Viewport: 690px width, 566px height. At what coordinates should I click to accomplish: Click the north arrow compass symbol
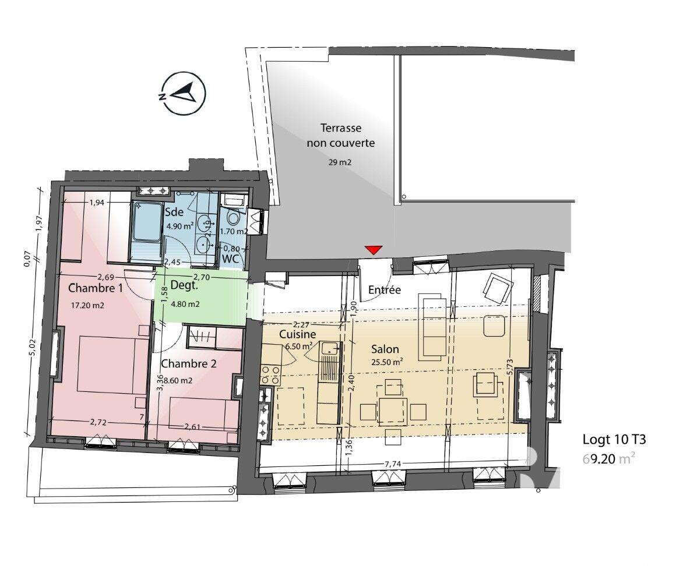coord(184,94)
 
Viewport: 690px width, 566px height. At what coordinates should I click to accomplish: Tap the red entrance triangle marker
coord(373,250)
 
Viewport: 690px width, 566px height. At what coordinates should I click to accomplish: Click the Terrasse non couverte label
coord(341,135)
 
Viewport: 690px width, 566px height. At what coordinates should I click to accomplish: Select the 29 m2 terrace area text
coord(341,162)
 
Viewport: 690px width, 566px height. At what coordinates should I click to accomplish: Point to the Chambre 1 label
coord(96,288)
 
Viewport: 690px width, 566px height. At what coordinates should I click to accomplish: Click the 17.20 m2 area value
coord(87,305)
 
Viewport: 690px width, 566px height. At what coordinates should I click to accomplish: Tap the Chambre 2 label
coord(189,364)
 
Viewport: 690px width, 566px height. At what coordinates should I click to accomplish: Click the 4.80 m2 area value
coord(185,303)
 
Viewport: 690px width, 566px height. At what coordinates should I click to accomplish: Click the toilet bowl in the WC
coord(233,218)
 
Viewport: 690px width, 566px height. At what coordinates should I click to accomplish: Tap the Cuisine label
coord(297,335)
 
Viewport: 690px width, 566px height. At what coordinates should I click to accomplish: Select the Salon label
coord(385,349)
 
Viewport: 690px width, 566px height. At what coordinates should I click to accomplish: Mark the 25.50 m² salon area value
coord(388,362)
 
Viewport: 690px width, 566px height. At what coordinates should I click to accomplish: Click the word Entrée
coord(384,289)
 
